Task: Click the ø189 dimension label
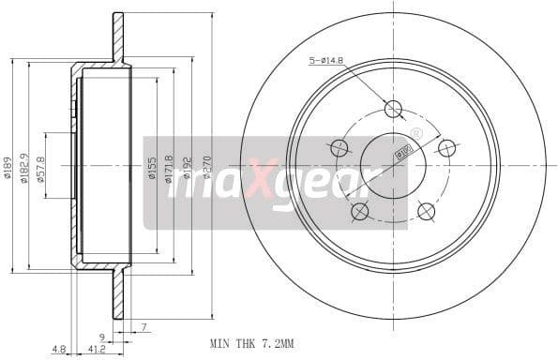[x=8, y=167]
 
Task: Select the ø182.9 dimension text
[x=24, y=167]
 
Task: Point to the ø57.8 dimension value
[x=41, y=168]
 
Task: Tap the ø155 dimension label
[x=152, y=168]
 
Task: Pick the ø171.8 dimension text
[x=170, y=167]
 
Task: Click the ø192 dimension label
[x=187, y=168]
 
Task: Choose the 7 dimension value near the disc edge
[x=144, y=326]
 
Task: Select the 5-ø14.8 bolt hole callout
[x=327, y=62]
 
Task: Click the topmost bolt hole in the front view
[x=394, y=109]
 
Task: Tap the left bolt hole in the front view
[x=339, y=148]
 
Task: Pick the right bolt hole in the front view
[x=447, y=148]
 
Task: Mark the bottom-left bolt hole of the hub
[x=360, y=212]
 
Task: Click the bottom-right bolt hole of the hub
[x=427, y=212]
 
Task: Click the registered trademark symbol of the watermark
[x=416, y=135]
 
